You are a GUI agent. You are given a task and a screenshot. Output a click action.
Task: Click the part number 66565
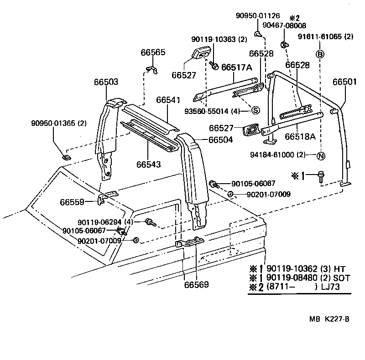[x=153, y=52]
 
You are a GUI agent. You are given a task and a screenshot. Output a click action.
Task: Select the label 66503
[x=106, y=82]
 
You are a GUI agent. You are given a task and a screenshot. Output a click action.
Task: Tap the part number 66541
[x=168, y=100]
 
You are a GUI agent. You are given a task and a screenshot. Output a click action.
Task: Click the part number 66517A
[x=237, y=67]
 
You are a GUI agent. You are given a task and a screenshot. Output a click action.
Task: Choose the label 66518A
[x=300, y=136]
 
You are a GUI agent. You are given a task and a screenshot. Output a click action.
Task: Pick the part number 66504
[x=221, y=140]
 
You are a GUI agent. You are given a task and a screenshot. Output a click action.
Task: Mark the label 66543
[x=148, y=164]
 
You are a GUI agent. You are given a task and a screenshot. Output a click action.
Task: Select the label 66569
[x=196, y=285]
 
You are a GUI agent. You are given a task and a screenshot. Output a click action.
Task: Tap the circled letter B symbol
[x=320, y=54]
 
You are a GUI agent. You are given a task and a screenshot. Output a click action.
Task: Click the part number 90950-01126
[x=258, y=15]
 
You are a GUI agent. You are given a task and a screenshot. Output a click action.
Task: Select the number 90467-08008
[x=287, y=26]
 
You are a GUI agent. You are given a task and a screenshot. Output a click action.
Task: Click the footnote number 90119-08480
[x=291, y=278]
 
